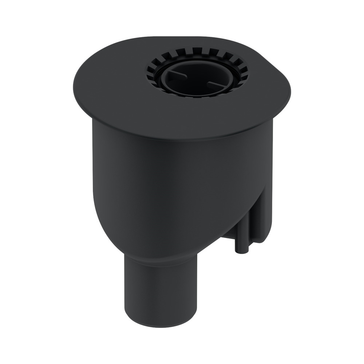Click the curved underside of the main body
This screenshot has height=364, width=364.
pyautogui.click(x=120, y=233)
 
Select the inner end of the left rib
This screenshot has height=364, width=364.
pyautogui.click(x=186, y=76)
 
